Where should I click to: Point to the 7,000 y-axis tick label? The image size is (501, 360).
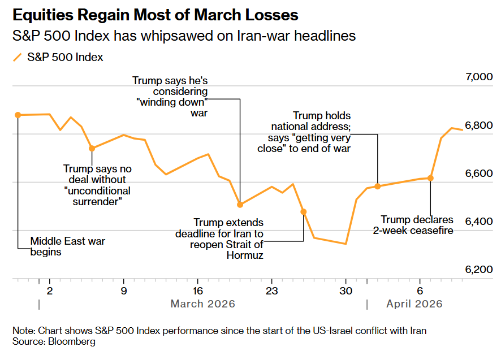click(478, 77)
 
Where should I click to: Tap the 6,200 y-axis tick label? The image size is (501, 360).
click(478, 270)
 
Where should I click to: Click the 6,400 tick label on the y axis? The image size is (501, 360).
click(478, 222)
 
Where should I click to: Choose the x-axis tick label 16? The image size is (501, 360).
click(197, 291)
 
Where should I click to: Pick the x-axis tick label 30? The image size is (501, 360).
click(345, 291)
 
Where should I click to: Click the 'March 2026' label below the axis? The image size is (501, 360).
click(202, 304)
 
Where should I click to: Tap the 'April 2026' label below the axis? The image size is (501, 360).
click(414, 304)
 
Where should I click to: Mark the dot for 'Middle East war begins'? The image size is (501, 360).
click(18, 115)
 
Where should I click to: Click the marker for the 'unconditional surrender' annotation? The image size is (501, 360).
click(92, 148)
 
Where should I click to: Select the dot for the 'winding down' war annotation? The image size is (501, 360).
click(240, 204)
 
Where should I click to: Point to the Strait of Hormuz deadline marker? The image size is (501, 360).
click(304, 211)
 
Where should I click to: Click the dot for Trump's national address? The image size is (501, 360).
click(378, 186)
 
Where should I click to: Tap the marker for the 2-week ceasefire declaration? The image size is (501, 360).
click(430, 177)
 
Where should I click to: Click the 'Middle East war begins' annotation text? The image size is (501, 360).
click(67, 247)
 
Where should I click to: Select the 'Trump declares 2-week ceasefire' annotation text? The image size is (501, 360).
click(417, 225)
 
